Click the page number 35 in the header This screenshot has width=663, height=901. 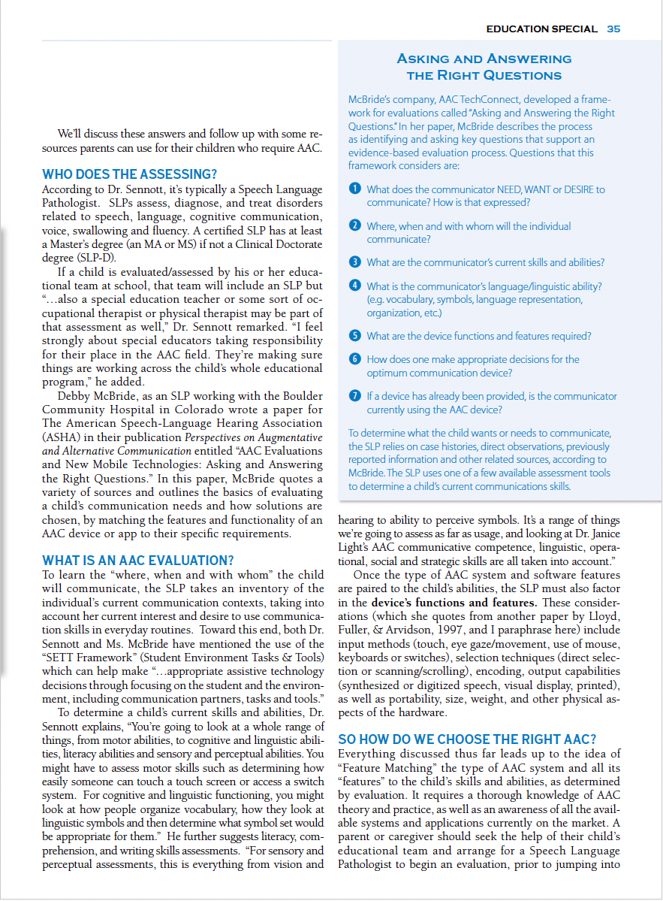click(613, 29)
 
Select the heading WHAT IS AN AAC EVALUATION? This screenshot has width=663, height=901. click(138, 561)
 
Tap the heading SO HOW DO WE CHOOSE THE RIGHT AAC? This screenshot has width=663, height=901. click(467, 739)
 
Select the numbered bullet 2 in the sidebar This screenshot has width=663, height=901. click(355, 226)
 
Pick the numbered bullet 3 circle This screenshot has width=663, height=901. click(355, 262)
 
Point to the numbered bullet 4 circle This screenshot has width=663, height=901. click(355, 286)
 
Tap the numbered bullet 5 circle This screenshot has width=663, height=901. click(355, 336)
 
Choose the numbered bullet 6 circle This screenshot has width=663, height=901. click(355, 359)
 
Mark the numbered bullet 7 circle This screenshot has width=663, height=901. click(355, 396)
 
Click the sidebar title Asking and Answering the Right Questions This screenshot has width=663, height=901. click(484, 67)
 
